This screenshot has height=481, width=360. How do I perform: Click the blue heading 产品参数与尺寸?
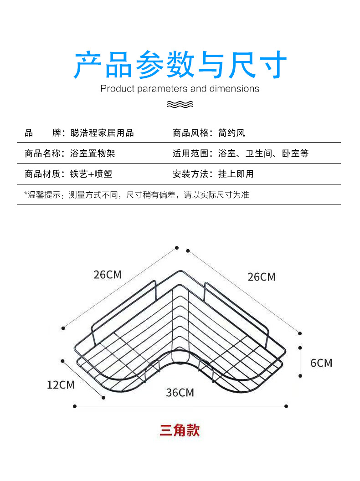pos(180,65)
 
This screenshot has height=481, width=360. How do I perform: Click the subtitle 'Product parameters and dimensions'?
pos(180,88)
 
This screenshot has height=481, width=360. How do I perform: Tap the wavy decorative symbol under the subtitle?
pos(180,104)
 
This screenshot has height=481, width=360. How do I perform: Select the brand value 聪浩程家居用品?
pos(102,133)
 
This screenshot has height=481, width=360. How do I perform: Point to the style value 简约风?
pos(231,133)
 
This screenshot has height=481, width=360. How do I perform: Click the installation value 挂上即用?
pos(236,174)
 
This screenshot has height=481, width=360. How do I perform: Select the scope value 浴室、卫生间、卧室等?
pos(263,154)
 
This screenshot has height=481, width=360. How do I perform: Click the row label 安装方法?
pos(190,174)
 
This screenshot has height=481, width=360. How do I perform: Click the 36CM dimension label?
pos(180,392)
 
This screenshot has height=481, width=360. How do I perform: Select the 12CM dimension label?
pos(61,385)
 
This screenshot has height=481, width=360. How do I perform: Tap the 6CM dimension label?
pos(321,363)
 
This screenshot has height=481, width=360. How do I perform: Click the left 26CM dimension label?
pos(108,275)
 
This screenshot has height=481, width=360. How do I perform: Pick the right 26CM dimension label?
pos(262,276)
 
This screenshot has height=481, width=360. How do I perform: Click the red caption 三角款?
pos(180,430)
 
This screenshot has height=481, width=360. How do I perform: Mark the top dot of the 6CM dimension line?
pos(300,348)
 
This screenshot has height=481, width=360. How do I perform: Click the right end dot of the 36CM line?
pos(286,406)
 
